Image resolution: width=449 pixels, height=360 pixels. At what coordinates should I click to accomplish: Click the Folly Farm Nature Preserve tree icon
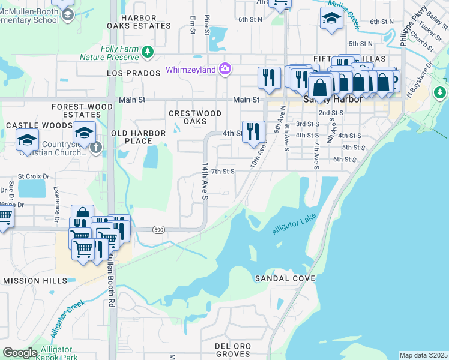[148, 53]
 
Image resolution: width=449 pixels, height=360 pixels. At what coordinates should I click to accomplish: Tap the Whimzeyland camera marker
[224, 70]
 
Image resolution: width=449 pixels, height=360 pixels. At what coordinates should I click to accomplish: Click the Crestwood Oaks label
[195, 117]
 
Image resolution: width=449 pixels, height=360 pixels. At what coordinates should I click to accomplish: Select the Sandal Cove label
[285, 279]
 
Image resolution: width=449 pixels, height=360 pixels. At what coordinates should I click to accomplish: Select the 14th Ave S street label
[205, 180]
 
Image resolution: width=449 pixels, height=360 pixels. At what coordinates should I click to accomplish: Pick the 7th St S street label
[222, 171]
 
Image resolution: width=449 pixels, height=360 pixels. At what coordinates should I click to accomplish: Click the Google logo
[20, 353]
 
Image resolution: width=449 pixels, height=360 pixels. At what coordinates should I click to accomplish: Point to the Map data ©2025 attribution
[423, 355]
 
